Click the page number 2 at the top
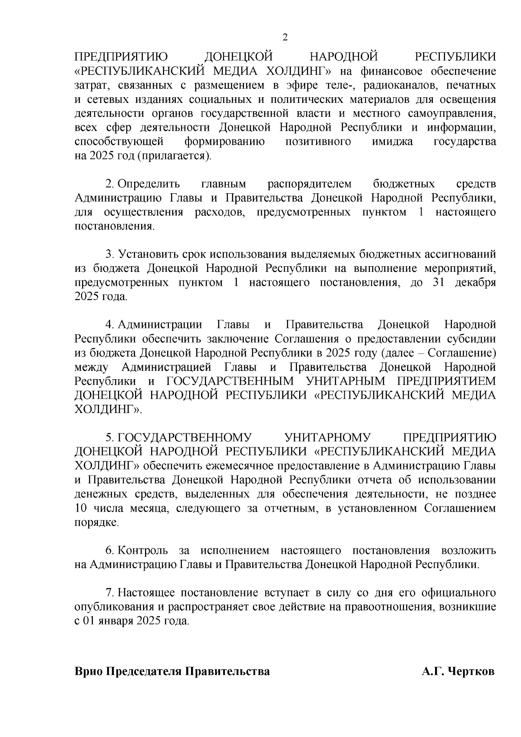[285, 38]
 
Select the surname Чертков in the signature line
[471, 671]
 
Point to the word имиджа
[392, 142]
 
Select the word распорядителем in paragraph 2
[309, 184]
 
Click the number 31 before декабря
[439, 283]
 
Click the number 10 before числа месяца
[81, 508]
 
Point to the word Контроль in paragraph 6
[143, 551]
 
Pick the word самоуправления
[452, 113]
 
